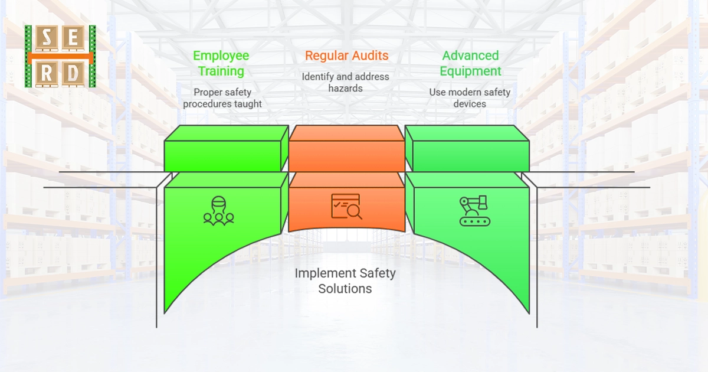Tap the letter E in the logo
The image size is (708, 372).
point(72,40)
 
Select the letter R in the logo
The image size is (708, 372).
point(46,73)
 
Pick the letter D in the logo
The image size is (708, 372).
point(72,73)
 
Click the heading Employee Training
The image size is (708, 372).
point(221,63)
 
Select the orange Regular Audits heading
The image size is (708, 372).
point(346,56)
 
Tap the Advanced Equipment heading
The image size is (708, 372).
point(470,63)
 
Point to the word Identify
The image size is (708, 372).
point(320,77)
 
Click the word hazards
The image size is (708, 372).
point(346,88)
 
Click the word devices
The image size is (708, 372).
point(470,104)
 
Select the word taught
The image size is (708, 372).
point(248,104)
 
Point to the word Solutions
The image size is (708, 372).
point(345,289)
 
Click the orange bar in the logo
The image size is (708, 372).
point(60,57)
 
